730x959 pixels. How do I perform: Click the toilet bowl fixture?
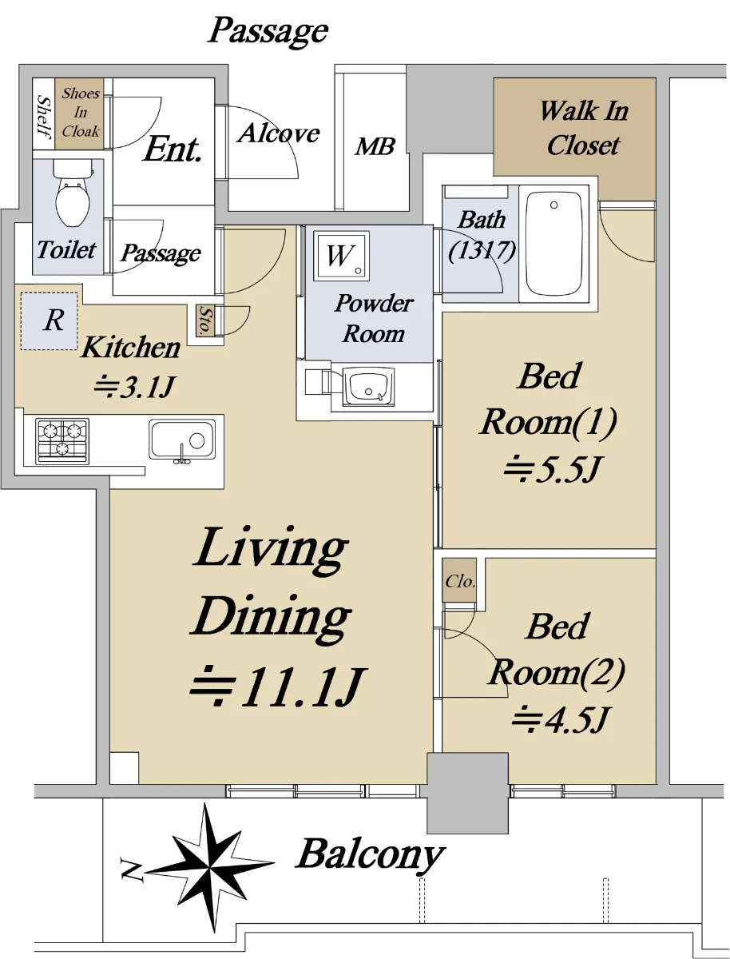click(x=73, y=193)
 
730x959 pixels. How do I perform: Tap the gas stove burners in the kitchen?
click(x=62, y=441)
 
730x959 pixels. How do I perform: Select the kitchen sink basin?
click(x=182, y=440)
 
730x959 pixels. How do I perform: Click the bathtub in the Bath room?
click(x=554, y=244)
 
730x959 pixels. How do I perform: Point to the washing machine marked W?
click(x=343, y=255)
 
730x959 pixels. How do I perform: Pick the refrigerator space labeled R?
click(x=50, y=321)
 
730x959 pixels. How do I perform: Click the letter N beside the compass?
click(x=132, y=869)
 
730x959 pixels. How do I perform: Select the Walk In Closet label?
click(x=583, y=128)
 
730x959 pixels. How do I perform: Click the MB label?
click(x=375, y=147)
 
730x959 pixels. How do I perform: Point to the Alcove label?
click(x=279, y=133)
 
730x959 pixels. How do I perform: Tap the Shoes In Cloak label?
click(x=81, y=113)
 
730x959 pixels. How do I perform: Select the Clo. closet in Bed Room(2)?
click(x=459, y=580)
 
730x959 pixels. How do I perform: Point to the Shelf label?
click(x=44, y=117)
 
